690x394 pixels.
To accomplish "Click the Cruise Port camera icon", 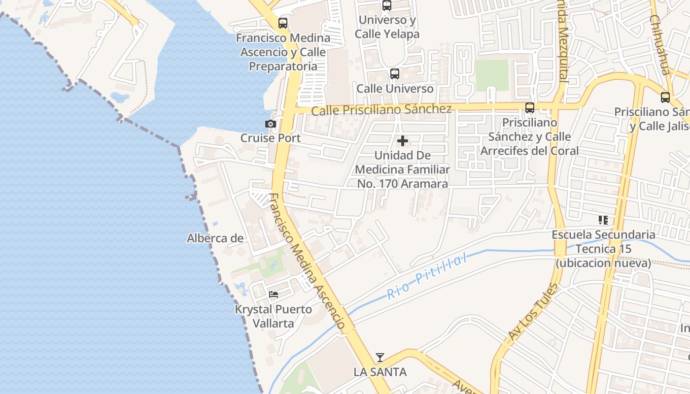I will pyautogui.click(x=270, y=124).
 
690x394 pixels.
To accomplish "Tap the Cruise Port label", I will pyautogui.click(x=270, y=138).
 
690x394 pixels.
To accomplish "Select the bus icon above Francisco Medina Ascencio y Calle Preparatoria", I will pyautogui.click(x=283, y=23).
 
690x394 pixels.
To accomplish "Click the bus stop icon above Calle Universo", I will pyautogui.click(x=395, y=74).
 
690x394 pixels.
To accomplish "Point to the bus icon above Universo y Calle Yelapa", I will pyautogui.click(x=387, y=5).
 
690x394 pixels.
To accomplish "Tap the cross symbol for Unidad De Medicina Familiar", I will pyautogui.click(x=403, y=141).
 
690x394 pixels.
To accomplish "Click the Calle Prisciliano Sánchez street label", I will pyautogui.click(x=381, y=110).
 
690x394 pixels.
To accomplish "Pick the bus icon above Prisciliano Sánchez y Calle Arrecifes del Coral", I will pyautogui.click(x=530, y=107).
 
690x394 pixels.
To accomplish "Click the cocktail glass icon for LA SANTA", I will pyautogui.click(x=379, y=357).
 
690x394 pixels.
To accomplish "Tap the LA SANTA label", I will pyautogui.click(x=380, y=372).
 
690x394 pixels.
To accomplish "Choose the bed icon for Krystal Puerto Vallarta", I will pyautogui.click(x=274, y=295).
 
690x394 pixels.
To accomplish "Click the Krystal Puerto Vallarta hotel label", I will pyautogui.click(x=273, y=316).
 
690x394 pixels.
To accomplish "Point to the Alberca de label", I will pyautogui.click(x=215, y=238).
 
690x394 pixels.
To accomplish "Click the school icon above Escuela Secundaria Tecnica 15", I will pyautogui.click(x=603, y=220).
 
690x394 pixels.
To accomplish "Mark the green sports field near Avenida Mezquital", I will pyautogui.click(x=492, y=75).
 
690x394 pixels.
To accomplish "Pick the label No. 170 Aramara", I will pyautogui.click(x=403, y=184).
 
